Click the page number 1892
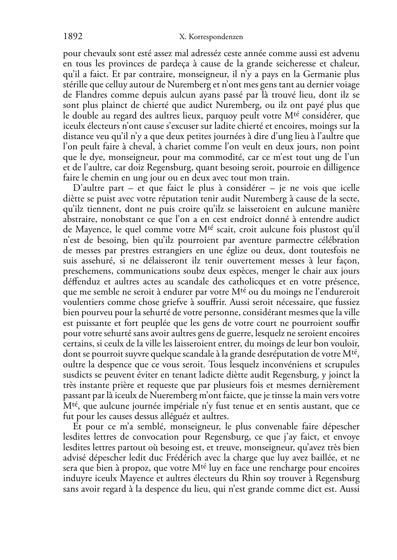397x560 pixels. pyautogui.click(x=73, y=37)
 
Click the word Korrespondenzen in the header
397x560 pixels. pyautogui.click(x=216, y=37)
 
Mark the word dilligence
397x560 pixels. pyautogui.click(x=340, y=167)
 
